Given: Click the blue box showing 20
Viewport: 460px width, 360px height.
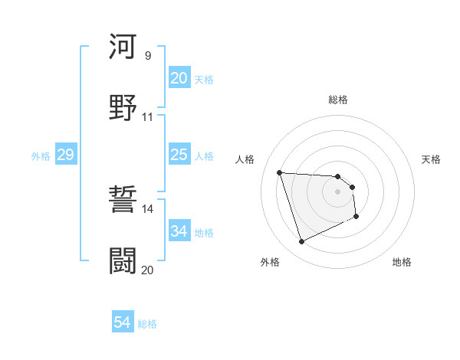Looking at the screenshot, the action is click(x=179, y=78).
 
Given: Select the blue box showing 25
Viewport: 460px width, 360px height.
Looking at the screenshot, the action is click(x=179, y=155).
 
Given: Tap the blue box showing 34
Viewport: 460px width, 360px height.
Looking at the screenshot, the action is click(x=179, y=231).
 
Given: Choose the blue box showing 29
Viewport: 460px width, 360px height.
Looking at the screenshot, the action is click(x=65, y=155).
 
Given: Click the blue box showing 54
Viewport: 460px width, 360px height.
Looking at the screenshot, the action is click(x=123, y=323).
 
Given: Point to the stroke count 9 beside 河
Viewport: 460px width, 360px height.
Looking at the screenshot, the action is click(x=148, y=55).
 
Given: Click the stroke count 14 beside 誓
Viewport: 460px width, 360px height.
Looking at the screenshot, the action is click(x=148, y=209).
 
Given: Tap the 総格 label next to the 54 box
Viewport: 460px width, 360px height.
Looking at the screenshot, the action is click(x=147, y=324).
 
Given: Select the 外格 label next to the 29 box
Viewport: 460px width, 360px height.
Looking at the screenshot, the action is click(x=41, y=155).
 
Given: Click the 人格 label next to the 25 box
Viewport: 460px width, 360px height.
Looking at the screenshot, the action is click(x=204, y=155).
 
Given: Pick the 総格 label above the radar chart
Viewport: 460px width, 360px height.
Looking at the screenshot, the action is click(x=338, y=100).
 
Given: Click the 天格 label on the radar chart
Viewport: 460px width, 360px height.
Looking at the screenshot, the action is click(x=432, y=159).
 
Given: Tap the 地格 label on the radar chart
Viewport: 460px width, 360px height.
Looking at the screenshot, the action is click(x=402, y=262).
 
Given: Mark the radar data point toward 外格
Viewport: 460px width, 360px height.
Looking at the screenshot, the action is click(x=301, y=242).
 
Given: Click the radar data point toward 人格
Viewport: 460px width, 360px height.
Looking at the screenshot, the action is click(x=280, y=172).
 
